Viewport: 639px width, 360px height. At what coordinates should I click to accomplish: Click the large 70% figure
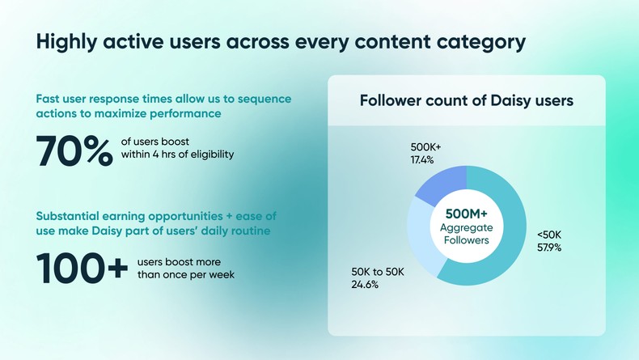[x=74, y=151]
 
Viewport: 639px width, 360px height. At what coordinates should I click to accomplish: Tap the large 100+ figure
[x=82, y=269]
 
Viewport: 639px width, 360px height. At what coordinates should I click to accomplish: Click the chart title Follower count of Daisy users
[x=466, y=101]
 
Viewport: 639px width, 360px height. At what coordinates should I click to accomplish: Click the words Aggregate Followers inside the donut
[x=466, y=235]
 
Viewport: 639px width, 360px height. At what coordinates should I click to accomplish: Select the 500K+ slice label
[x=425, y=147]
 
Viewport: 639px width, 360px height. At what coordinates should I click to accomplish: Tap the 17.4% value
[x=422, y=160]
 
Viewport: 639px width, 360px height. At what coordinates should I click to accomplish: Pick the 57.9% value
[x=549, y=248]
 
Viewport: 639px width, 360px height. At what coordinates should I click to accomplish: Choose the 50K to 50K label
[x=377, y=271]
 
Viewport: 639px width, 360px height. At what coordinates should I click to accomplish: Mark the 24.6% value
[x=366, y=284]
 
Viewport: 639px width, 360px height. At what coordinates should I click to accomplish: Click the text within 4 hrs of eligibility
[x=177, y=155]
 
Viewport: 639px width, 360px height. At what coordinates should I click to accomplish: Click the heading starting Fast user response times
[x=163, y=106]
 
